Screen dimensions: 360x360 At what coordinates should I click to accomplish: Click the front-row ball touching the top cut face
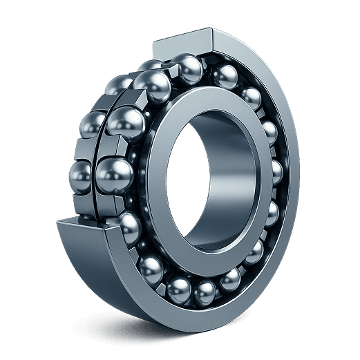point(188,68)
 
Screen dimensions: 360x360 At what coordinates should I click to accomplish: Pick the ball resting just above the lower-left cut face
point(129,225)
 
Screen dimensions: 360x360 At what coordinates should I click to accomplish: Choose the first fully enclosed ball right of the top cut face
point(225,75)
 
